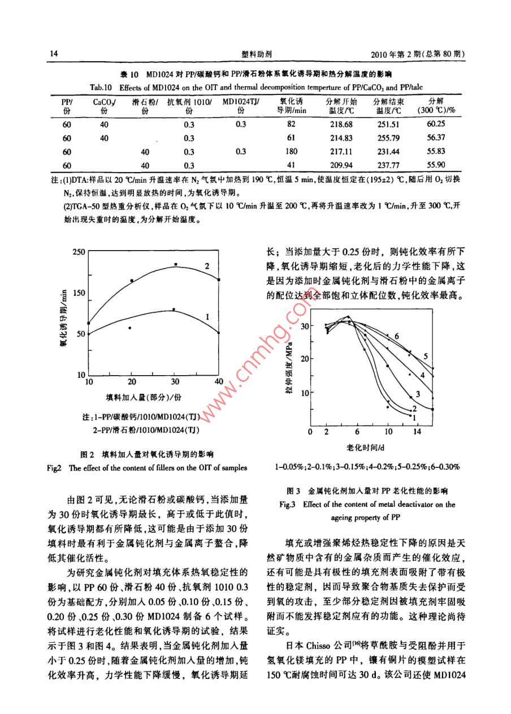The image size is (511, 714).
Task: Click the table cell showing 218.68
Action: pyautogui.click(x=340, y=124)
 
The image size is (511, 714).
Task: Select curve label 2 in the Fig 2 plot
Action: pyautogui.click(x=207, y=265)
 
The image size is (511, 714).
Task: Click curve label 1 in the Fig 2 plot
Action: pyautogui.click(x=207, y=317)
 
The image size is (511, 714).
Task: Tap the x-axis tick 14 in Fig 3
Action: pyautogui.click(x=417, y=432)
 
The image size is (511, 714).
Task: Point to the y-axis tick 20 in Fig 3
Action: pyautogui.click(x=305, y=359)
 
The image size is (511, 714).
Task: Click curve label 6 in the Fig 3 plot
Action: pyautogui.click(x=397, y=337)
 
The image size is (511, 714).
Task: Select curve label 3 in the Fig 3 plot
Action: pyautogui.click(x=417, y=393)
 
